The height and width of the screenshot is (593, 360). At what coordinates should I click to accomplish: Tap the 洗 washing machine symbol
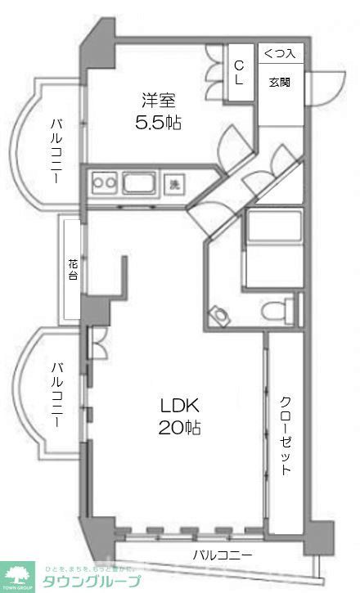174,184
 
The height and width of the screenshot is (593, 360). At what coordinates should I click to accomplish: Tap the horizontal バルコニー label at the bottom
223,555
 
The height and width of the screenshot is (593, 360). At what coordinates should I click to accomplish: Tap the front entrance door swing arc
325,83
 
